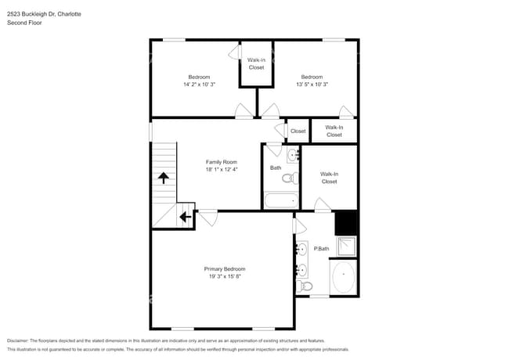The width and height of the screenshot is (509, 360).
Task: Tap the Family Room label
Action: click(221, 162)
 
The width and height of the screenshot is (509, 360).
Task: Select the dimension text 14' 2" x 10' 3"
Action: click(198, 84)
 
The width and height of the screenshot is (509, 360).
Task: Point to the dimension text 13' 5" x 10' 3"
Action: click(312, 84)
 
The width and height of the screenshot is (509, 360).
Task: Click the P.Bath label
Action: click(321, 249)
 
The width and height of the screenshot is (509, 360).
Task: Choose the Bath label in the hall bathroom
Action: click(276, 167)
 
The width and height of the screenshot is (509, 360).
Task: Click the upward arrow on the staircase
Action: click(164, 178)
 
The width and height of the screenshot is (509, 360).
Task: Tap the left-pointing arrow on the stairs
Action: click(186, 217)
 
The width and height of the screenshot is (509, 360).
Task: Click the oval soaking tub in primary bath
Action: click(343, 276)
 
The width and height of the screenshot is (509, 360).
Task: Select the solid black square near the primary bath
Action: click(346, 224)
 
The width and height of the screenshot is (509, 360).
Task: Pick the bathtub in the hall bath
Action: click(279, 200)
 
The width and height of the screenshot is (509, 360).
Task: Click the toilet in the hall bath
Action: click(289, 178)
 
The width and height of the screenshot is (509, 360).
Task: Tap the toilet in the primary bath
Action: click(305, 286)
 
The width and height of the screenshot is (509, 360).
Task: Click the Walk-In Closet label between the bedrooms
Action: click(256, 63)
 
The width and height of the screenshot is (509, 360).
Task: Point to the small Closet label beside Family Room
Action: click(298, 131)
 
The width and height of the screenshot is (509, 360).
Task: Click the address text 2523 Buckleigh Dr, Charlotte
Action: click(44, 14)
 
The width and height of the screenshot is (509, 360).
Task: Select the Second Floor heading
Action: click(24, 23)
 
